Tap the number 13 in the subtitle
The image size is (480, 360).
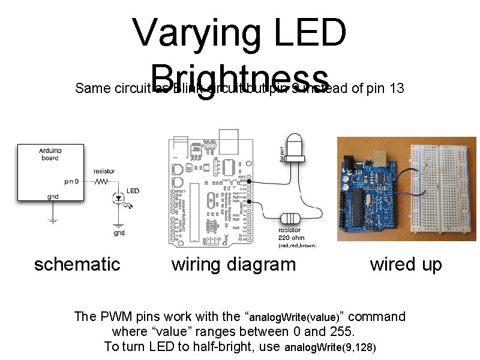click(397, 89)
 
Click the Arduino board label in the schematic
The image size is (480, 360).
click(50, 154)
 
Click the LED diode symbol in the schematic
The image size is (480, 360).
click(117, 197)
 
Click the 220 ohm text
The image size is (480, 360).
click(290, 238)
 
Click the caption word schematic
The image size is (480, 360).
click(77, 264)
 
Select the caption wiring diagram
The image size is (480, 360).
click(233, 264)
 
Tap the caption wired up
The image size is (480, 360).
click(406, 264)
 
